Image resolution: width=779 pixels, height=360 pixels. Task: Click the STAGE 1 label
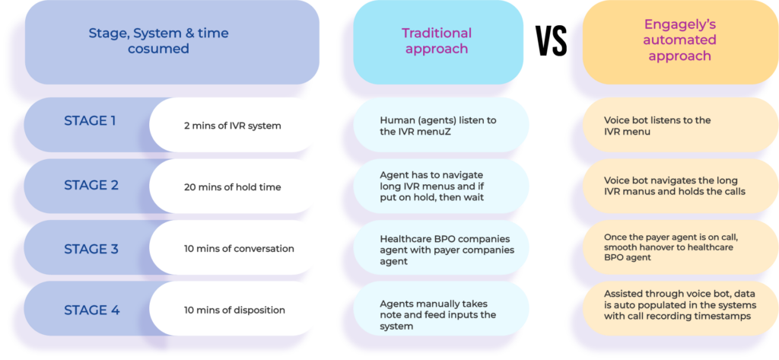(90, 121)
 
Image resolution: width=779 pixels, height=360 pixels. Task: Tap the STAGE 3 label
(90, 248)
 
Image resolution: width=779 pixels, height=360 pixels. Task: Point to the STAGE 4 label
(90, 310)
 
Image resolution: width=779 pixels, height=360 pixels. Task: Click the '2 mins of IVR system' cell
(232, 126)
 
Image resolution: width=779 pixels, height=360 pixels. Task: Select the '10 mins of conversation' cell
(239, 249)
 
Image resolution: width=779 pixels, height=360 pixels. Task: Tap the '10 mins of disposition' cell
(234, 310)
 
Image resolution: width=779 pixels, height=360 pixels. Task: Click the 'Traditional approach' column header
(436, 41)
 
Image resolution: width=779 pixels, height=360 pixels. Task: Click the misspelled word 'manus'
(639, 192)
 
